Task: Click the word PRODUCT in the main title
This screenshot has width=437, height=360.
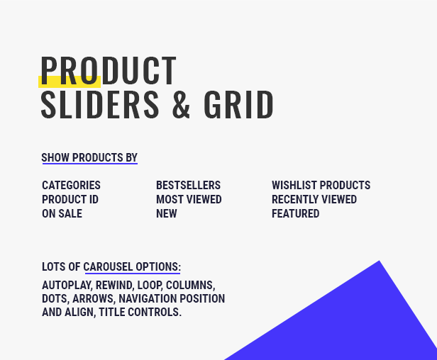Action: pyautogui.click(x=109, y=70)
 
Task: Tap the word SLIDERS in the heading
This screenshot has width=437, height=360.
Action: pyautogui.click(x=100, y=105)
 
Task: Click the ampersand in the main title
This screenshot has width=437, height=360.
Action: pyautogui.click(x=181, y=105)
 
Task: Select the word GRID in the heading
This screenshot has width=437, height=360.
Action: pyautogui.click(x=238, y=105)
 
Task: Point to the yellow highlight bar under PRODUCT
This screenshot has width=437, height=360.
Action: pyautogui.click(x=70, y=82)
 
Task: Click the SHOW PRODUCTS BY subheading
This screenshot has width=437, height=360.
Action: pyautogui.click(x=89, y=157)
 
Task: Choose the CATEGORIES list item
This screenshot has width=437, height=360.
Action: pyautogui.click(x=71, y=185)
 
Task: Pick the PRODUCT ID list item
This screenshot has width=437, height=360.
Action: pyautogui.click(x=70, y=199)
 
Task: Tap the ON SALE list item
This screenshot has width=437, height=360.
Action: pyautogui.click(x=62, y=213)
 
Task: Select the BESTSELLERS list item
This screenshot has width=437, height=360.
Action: pyautogui.click(x=189, y=185)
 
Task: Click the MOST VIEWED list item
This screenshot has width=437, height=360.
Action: pyautogui.click(x=189, y=199)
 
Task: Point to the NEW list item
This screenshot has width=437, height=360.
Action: pyautogui.click(x=167, y=213)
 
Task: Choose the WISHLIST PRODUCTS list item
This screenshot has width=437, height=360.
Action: pyautogui.click(x=321, y=185)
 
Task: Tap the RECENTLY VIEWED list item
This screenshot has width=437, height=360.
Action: pyautogui.click(x=314, y=199)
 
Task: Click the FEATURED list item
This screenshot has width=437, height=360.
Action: pyautogui.click(x=295, y=213)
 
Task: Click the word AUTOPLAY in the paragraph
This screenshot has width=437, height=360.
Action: pyautogui.click(x=67, y=286)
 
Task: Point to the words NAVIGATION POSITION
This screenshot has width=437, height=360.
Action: pyautogui.click(x=172, y=298)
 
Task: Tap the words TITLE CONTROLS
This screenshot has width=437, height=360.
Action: pyautogui.click(x=140, y=312)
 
